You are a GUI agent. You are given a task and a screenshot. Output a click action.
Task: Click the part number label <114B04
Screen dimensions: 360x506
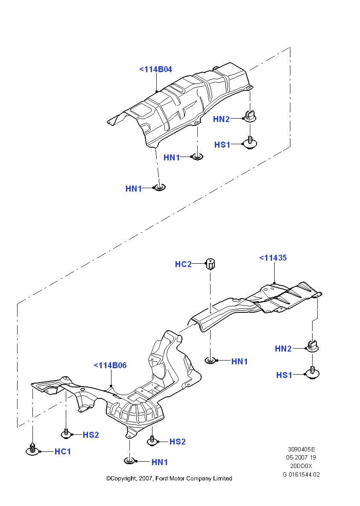(155, 69)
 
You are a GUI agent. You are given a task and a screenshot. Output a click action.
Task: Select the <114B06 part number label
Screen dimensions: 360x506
(110, 365)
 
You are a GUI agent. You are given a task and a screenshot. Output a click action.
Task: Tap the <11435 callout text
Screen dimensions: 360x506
(273, 258)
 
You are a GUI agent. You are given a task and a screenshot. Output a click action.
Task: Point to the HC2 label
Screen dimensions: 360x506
(183, 264)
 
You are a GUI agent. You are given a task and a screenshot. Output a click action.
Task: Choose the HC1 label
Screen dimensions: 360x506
(63, 451)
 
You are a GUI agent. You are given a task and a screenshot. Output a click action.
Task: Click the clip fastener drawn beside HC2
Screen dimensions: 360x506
(211, 264)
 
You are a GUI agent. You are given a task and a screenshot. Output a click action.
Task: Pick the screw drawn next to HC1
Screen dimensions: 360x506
(32, 449)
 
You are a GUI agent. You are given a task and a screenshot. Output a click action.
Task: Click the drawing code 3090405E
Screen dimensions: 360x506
(301, 449)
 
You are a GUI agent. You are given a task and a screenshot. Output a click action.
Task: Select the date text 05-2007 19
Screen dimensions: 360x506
(301, 457)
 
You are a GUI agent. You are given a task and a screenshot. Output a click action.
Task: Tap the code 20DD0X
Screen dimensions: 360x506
(301, 465)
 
